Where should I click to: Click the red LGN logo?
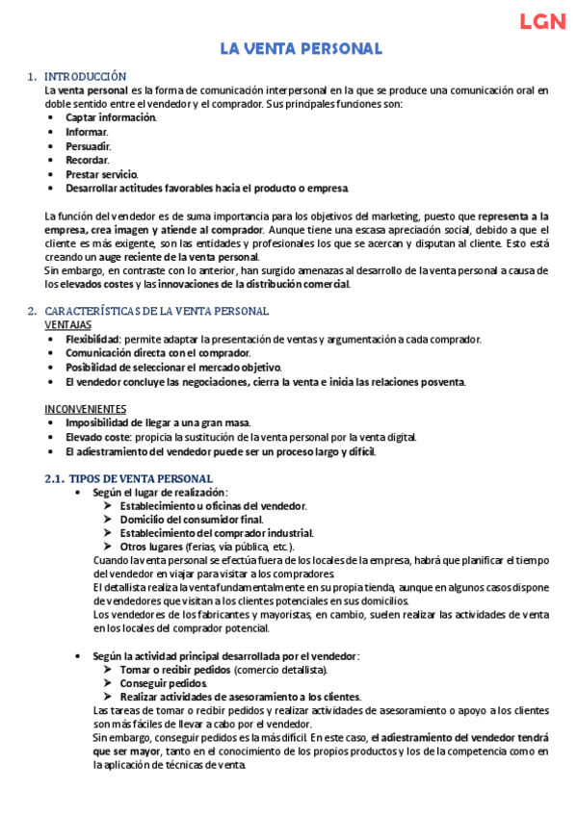tap(542, 23)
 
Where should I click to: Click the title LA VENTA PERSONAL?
tap(302, 49)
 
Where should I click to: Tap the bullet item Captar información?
tap(110, 117)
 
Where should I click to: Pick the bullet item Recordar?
tap(87, 160)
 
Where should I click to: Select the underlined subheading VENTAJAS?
tap(68, 325)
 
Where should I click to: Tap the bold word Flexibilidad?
tap(92, 340)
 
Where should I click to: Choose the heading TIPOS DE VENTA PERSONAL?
tap(146, 478)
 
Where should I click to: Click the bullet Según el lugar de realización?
tap(159, 493)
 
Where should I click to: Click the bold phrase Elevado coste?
tap(98, 437)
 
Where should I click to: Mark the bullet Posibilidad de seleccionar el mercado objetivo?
tap(173, 368)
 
